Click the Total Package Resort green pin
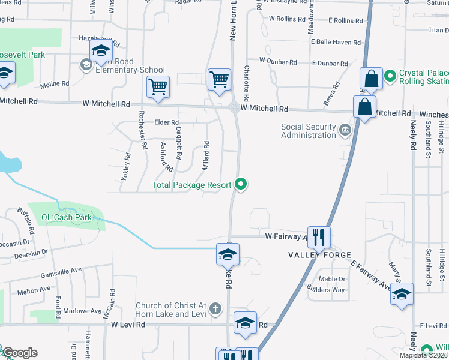pos(241,184)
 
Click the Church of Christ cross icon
pos(215,310)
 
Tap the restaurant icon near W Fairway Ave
pos(318,236)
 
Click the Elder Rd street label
pos(167,122)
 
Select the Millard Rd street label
pos(205,155)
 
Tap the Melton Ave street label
pos(34,290)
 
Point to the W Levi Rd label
pos(128,325)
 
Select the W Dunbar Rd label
pos(279,61)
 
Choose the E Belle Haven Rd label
pos(336,42)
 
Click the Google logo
pos(19,353)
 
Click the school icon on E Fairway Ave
pos(402,294)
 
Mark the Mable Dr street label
pos(332,279)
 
